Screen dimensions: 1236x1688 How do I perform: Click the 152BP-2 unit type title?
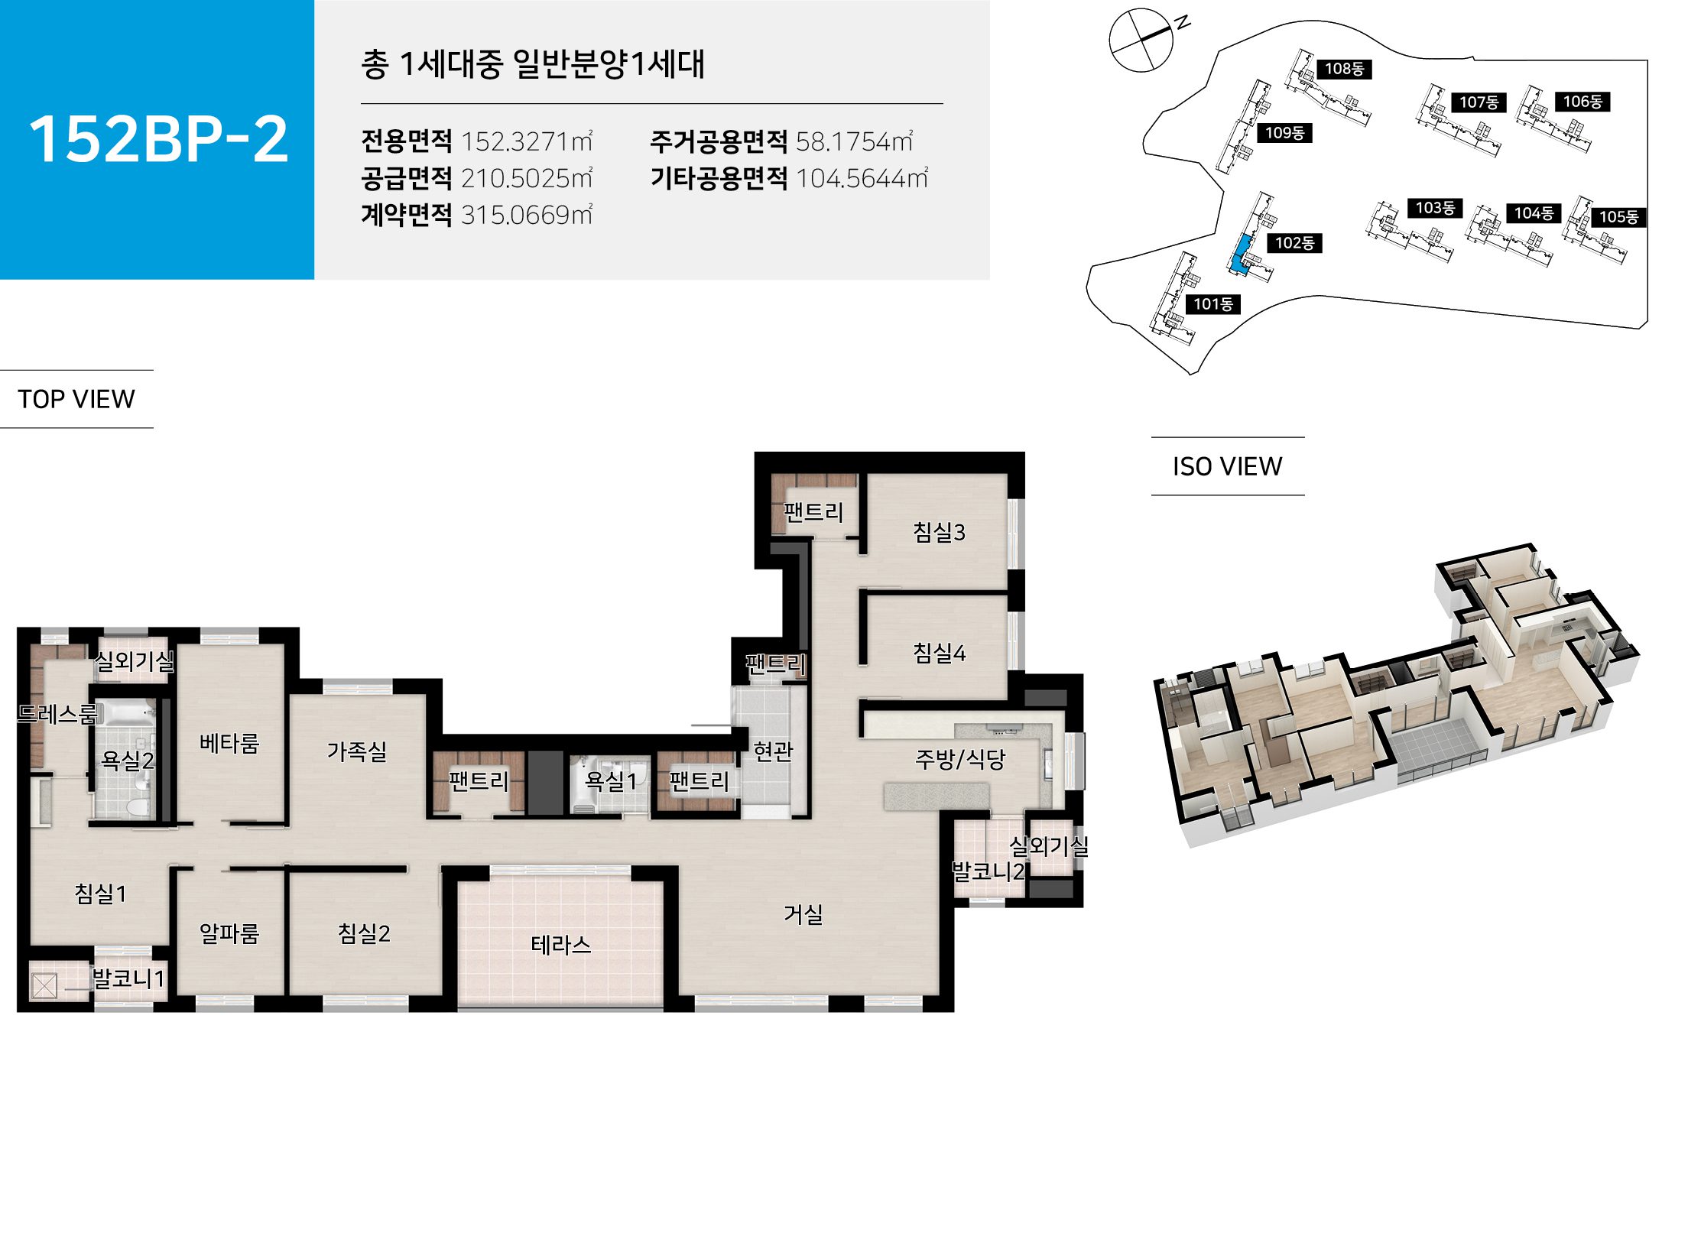click(158, 139)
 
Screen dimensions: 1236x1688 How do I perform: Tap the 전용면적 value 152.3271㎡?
click(526, 141)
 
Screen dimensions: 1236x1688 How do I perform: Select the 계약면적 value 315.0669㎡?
click(526, 215)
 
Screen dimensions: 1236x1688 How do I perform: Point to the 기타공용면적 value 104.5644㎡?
click(862, 178)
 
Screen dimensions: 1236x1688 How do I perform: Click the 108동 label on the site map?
click(1344, 69)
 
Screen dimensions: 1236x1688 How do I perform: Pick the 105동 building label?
click(1618, 217)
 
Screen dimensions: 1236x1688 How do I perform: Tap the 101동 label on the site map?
click(1213, 304)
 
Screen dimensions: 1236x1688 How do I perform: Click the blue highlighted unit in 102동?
click(1240, 255)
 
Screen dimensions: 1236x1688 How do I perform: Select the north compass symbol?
click(1141, 40)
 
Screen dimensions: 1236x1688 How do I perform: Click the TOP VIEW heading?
click(76, 399)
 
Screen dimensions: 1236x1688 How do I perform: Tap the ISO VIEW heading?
click(1227, 466)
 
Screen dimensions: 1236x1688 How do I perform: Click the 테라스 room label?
click(561, 946)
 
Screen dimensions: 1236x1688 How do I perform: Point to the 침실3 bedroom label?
click(939, 532)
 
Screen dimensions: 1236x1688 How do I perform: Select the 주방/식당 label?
click(960, 759)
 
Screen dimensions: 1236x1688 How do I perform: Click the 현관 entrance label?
click(773, 751)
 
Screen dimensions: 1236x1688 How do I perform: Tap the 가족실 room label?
click(356, 751)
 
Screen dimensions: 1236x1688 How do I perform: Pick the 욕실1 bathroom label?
click(610, 780)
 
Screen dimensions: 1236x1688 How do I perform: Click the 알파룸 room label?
click(229, 933)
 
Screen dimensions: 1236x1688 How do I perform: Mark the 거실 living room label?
click(803, 914)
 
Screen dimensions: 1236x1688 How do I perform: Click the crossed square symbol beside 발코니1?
click(44, 985)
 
